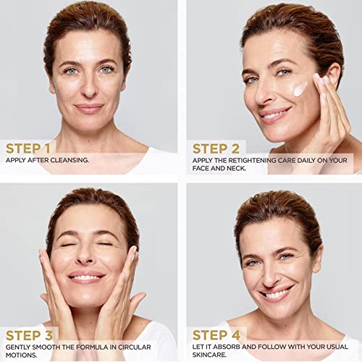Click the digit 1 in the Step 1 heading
click(x=47, y=148)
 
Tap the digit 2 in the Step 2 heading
click(x=235, y=148)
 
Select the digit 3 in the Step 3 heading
click(x=49, y=335)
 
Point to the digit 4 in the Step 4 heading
click(x=235, y=335)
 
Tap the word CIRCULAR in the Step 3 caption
click(x=135, y=347)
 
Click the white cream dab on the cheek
click(x=300, y=89)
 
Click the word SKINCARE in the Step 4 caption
click(x=209, y=355)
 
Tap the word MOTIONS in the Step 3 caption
click(x=21, y=355)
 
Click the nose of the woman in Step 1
click(x=89, y=87)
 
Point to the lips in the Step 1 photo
click(x=89, y=109)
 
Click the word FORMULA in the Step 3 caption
click(x=93, y=347)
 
